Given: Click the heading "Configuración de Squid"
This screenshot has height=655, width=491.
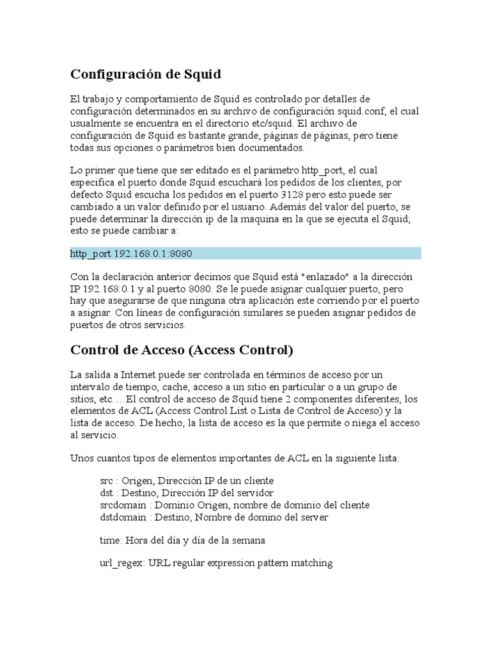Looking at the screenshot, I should click(x=145, y=75).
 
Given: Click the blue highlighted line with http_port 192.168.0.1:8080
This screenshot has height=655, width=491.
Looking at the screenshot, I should click(x=245, y=253).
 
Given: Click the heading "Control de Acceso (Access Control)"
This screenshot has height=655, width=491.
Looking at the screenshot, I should click(x=182, y=350).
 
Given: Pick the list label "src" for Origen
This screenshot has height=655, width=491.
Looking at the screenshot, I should click(x=107, y=480).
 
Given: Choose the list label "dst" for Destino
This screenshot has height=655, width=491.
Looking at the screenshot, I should click(x=107, y=493).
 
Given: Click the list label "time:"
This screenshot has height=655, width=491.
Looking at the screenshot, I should click(x=111, y=541).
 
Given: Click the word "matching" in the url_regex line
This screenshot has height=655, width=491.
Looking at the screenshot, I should click(x=311, y=564).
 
